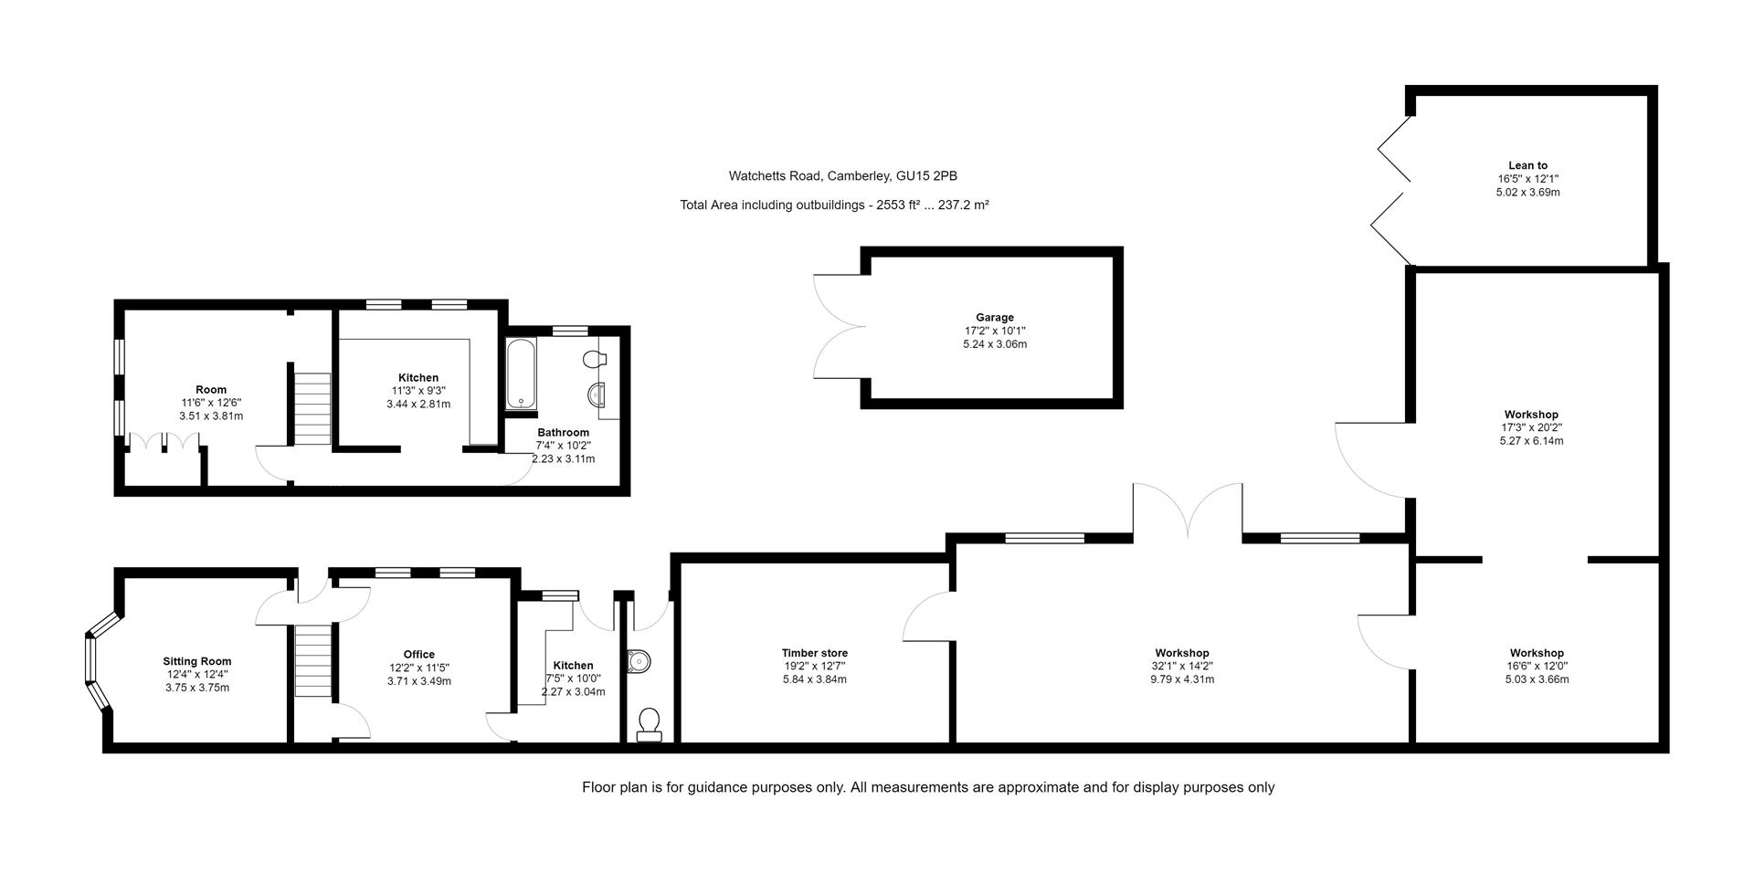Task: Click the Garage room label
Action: point(995,318)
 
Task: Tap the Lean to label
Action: point(1527,166)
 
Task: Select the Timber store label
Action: point(814,653)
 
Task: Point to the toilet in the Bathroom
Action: point(595,359)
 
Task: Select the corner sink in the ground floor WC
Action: point(639,659)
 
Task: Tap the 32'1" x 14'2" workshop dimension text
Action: point(1181,666)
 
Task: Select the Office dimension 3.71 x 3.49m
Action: point(418,681)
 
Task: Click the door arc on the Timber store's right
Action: point(927,616)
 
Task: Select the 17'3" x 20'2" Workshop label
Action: point(1531,427)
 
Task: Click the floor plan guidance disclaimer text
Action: point(927,787)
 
